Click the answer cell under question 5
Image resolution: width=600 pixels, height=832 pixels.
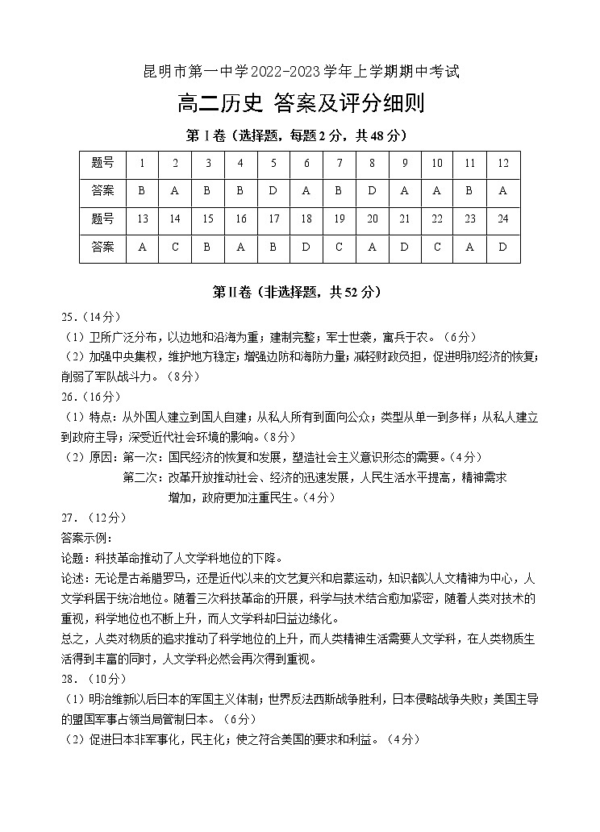pyautogui.click(x=273, y=191)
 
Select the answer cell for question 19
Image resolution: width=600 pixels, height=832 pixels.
pyautogui.click(x=340, y=248)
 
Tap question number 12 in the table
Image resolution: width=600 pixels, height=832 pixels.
pyautogui.click(x=503, y=163)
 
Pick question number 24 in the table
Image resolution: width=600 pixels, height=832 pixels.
pyautogui.click(x=503, y=219)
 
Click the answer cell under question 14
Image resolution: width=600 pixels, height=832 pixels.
pyautogui.click(x=175, y=248)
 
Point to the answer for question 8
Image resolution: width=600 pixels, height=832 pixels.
pyautogui.click(x=372, y=191)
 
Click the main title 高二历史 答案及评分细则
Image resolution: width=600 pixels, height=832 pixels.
pyautogui.click(x=300, y=104)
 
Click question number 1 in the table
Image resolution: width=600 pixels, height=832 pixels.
pyautogui.click(x=142, y=163)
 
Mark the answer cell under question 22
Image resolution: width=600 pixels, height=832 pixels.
pyautogui.click(x=437, y=248)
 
